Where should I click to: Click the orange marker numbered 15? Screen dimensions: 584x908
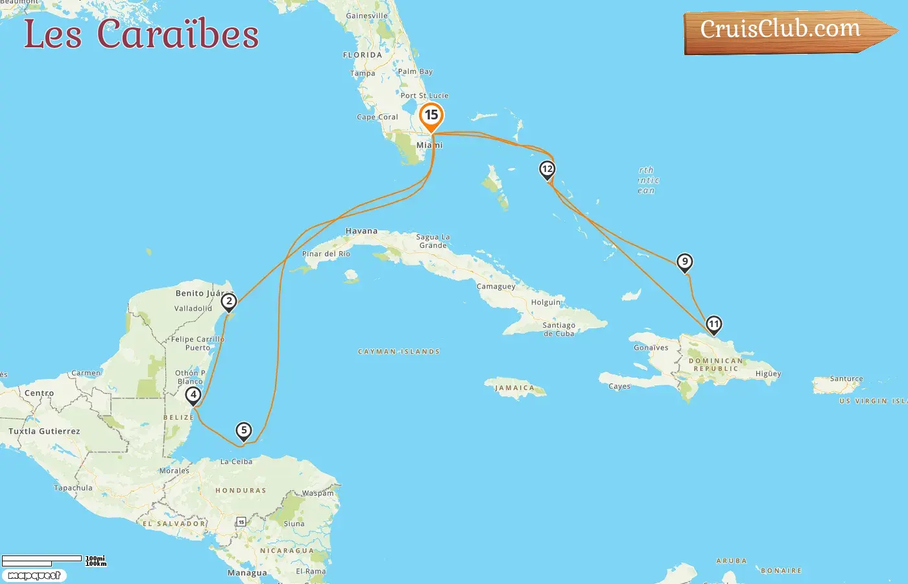point(431,116)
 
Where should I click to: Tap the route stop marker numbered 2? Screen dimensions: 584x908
point(228,302)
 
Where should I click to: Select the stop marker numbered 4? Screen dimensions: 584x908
point(193,395)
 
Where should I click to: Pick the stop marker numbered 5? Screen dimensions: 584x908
point(243,430)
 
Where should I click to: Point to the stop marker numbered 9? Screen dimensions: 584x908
point(684,262)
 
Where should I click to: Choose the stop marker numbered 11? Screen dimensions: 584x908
point(713,324)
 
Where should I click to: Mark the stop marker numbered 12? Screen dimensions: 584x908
point(547,169)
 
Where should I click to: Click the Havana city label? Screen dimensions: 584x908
point(361,231)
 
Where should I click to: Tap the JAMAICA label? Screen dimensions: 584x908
point(515,388)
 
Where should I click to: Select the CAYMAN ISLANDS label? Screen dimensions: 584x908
point(399,352)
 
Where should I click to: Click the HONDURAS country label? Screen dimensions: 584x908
point(241,491)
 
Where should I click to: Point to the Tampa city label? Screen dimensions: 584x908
point(363,73)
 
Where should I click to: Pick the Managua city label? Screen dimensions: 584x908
point(247,573)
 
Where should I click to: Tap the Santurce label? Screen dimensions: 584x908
point(846,378)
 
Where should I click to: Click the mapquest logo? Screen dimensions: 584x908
point(34,576)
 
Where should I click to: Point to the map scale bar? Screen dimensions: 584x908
point(42,561)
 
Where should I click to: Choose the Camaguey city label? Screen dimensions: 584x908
point(496,286)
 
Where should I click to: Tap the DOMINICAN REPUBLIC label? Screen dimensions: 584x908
point(716,365)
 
